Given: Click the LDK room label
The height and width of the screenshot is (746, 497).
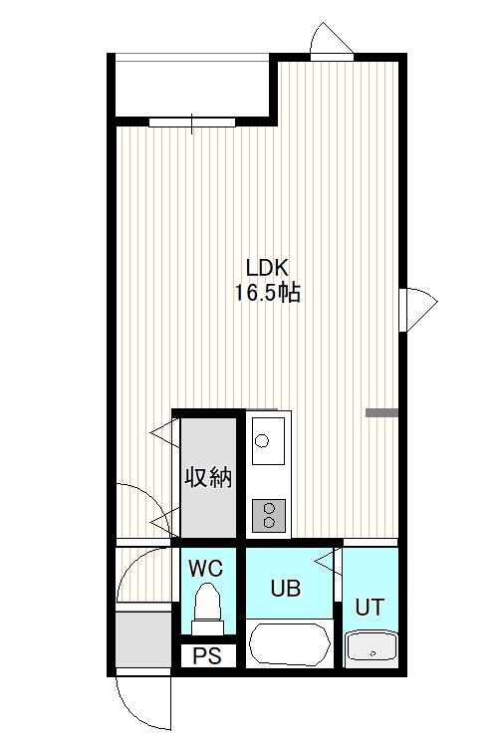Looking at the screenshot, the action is coord(267,268).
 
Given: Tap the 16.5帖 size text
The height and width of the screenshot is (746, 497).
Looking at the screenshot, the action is coord(267,293).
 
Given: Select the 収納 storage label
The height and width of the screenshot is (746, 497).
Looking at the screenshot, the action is coord(208,477).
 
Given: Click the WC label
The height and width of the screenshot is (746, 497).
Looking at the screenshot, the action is coord(205,568).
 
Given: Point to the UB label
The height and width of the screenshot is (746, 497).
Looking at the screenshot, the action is coord(286,589).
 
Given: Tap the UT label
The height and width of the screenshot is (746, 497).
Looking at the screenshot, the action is coord(370,608).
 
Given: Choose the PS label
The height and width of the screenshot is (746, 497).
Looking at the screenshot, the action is coord(207,656).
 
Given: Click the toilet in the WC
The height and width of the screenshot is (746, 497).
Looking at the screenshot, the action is coord(207,610).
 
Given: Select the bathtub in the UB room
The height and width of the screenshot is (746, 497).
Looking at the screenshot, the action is coord(290,643).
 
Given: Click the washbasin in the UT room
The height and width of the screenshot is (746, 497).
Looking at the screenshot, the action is coord(372,648).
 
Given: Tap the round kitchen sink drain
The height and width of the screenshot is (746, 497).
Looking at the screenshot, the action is coord(261,441).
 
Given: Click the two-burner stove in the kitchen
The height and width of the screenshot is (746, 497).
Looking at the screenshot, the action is coord(269,515).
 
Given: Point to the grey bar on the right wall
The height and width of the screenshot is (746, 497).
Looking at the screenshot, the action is coord(381,412).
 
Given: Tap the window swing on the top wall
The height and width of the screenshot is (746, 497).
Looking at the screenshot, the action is coord(332,41).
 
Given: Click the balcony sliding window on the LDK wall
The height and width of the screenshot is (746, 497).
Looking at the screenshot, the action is coord(192,123).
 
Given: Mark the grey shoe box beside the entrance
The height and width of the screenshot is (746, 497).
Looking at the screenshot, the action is coord(143,639).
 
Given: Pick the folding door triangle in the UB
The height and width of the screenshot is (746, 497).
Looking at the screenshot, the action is coord(328,562).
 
